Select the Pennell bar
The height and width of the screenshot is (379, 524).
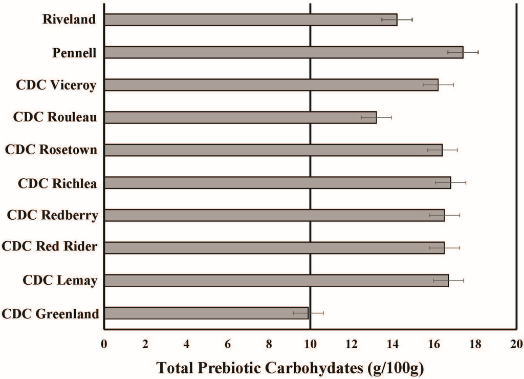point(283,52)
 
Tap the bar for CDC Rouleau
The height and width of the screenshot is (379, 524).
point(240,117)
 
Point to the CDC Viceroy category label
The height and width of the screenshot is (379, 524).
point(56,85)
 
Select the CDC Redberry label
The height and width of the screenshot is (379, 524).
point(52,215)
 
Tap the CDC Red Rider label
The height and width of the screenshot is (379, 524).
point(50,247)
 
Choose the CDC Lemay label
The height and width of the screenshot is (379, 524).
point(60,280)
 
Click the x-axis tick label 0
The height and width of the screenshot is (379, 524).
point(104,343)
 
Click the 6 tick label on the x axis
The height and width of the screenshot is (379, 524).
point(228,343)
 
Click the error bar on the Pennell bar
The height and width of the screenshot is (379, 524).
point(463,52)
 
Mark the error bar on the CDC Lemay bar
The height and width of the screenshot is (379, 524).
point(449,280)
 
